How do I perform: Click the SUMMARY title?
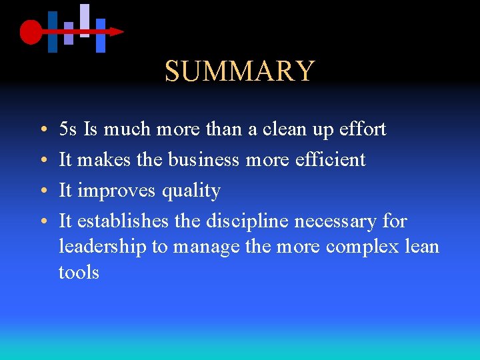pyautogui.click(x=239, y=71)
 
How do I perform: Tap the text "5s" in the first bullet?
pyautogui.click(x=68, y=129)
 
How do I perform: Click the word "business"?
pyautogui.click(x=203, y=159)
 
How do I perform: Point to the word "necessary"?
pyautogui.click(x=340, y=222)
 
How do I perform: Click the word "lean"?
pyautogui.click(x=423, y=247)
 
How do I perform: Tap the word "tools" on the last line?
pyautogui.click(x=79, y=273)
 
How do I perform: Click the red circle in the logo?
pyautogui.click(x=31, y=32)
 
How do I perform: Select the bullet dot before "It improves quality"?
pyautogui.click(x=42, y=191)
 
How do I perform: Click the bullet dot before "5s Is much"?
pyautogui.click(x=42, y=129)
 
